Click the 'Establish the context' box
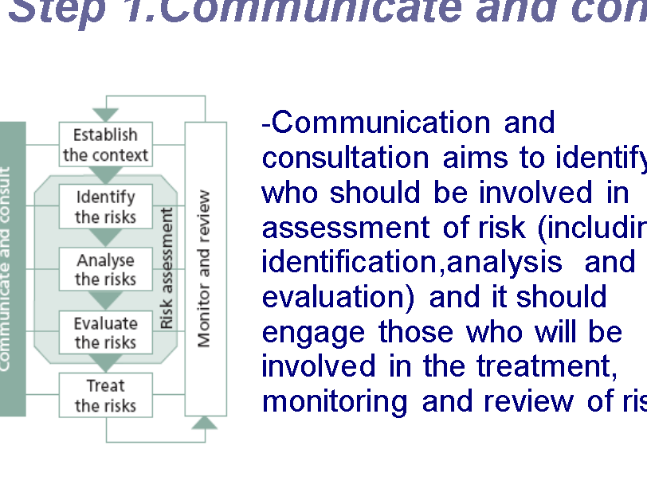click(x=105, y=145)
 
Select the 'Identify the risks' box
click(x=105, y=207)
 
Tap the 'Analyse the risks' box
click(x=105, y=270)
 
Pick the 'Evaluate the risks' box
click(x=105, y=333)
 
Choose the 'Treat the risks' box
click(x=105, y=396)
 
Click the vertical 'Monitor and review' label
click(x=205, y=268)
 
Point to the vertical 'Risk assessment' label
click(x=167, y=268)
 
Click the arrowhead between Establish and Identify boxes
click(x=105, y=174)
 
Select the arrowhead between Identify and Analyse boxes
click(x=105, y=237)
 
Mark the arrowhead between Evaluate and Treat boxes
click(x=105, y=363)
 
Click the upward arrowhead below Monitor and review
click(x=205, y=422)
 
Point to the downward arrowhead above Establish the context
click(x=105, y=115)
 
